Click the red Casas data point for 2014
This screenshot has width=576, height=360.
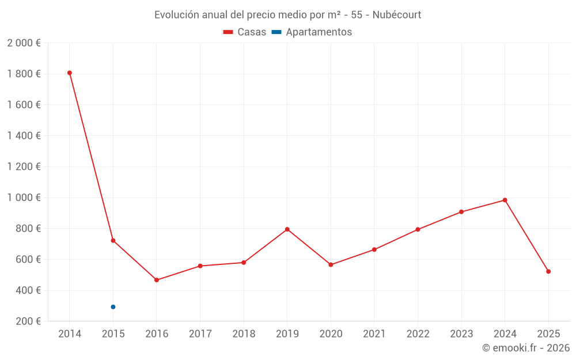point(70,73)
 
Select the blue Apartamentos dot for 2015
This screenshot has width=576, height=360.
point(113,307)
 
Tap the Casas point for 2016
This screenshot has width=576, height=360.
point(157,280)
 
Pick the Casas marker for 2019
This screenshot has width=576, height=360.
point(287,229)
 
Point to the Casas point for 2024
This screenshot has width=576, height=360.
point(505,200)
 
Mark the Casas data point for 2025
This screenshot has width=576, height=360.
point(548,271)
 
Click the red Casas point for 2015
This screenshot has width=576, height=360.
point(113,240)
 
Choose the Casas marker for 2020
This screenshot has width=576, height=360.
point(331,265)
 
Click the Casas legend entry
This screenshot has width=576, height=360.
point(245,32)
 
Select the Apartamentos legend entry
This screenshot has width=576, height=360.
point(312,32)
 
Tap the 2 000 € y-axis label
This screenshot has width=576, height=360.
point(24,43)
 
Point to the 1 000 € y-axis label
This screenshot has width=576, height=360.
point(24,198)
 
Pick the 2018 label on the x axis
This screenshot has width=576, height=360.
point(244,334)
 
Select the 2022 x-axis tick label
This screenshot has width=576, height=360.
point(418,334)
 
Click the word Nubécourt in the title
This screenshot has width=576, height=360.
point(397,14)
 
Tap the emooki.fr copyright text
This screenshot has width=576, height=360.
point(525,348)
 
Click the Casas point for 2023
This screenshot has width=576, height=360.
point(461,212)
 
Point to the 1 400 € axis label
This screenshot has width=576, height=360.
point(24,136)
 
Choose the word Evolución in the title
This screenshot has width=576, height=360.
point(176,14)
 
